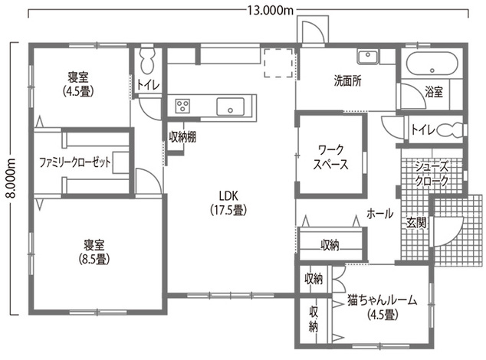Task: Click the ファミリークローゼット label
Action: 76,162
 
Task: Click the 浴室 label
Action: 434,92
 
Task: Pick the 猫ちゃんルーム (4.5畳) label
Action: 381,306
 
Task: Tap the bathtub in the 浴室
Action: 430,64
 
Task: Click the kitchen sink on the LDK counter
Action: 230,106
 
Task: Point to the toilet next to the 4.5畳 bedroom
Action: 148,61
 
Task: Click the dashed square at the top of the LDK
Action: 277,64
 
